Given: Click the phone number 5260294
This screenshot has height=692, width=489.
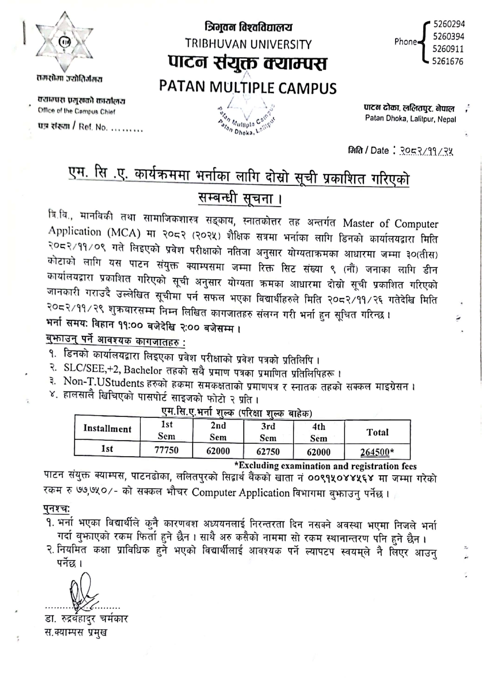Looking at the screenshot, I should click(449, 24).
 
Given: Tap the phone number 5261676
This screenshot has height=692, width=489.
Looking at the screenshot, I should click(448, 62).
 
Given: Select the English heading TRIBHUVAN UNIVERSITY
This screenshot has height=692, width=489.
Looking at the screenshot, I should click(248, 44).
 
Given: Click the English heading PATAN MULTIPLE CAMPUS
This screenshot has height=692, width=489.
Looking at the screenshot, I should click(248, 88).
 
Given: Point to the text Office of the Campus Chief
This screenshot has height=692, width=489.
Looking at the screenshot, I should click(77, 112).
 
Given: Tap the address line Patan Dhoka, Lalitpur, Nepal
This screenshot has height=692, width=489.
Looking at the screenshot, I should click(410, 119).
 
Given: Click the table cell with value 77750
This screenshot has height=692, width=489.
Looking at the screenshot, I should click(166, 450).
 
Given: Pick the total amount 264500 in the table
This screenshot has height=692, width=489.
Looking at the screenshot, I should click(377, 452).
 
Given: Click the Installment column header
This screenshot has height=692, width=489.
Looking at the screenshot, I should click(107, 429).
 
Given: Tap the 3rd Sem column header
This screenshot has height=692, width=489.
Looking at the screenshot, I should click(268, 432).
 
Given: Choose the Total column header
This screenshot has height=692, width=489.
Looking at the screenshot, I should click(377, 432).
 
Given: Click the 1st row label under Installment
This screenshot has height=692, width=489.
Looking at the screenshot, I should click(107, 449).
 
